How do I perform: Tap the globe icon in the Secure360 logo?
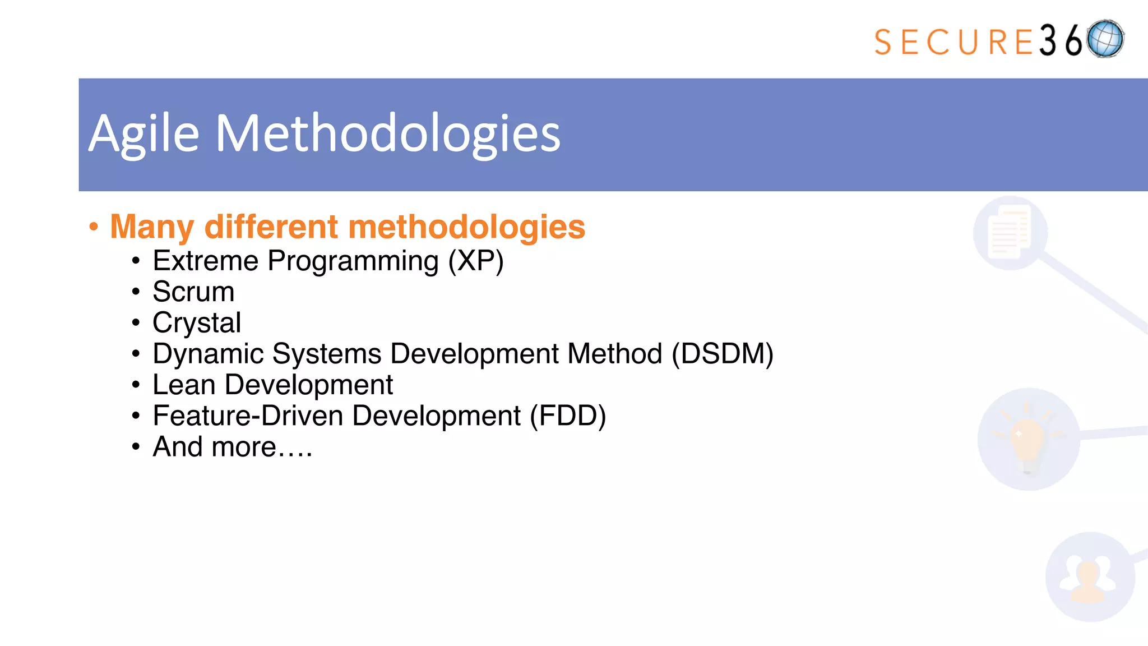(1105, 39)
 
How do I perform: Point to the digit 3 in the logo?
(1048, 41)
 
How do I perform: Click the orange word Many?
(152, 227)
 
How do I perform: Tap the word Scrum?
(193, 292)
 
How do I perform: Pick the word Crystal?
(197, 322)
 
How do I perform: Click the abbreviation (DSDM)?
(723, 354)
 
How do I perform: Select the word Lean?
(184, 385)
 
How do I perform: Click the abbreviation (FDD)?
(568, 416)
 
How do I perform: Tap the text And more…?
(232, 447)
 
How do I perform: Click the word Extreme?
(205, 261)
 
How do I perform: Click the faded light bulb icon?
(1027, 440)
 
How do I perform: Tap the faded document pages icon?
(1010, 232)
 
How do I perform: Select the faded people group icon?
(1089, 578)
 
